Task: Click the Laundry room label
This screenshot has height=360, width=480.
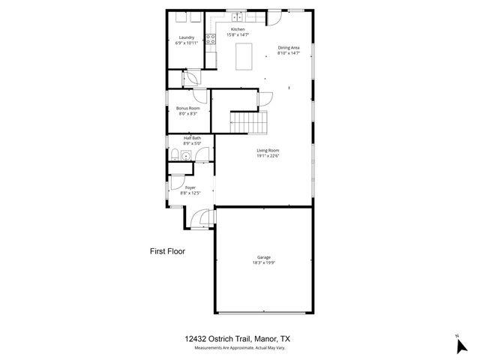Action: tap(186, 37)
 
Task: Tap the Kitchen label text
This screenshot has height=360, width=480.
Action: tap(238, 29)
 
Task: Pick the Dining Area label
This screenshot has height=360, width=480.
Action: tap(289, 47)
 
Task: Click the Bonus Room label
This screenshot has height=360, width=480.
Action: tap(187, 108)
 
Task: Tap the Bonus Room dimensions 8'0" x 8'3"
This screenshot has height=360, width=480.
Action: tap(187, 114)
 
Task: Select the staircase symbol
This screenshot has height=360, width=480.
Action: tap(248, 120)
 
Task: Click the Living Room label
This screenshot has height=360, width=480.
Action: tap(268, 150)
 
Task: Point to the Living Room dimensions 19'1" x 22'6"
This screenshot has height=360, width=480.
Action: tap(268, 156)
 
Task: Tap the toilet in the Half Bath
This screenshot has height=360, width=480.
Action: tap(174, 156)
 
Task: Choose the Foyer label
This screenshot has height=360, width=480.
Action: tap(190, 187)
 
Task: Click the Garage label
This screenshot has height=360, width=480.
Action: tap(263, 257)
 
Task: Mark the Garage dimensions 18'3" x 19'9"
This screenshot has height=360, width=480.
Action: tap(263, 263)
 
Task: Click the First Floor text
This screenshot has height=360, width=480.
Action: tap(167, 251)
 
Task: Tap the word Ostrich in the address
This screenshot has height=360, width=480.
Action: tap(221, 339)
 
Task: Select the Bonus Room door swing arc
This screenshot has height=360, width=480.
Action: tap(199, 94)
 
